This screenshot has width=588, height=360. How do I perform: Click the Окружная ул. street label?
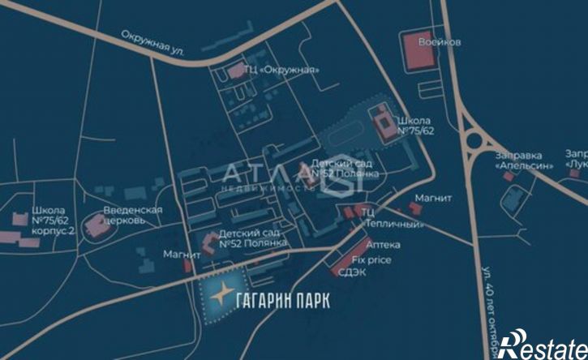tap(152, 44)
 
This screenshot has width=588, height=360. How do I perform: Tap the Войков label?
tap(440, 41)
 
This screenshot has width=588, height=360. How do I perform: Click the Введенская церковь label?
tap(133, 215)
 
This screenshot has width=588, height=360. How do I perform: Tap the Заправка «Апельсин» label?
tap(523, 159)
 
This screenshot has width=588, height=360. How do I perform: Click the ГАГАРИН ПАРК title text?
tap(281, 300)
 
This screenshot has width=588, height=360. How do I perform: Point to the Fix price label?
tap(371, 259)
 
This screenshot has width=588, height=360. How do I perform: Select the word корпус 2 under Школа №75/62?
tap(54, 230)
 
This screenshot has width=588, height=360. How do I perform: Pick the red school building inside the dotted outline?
tap(381, 121)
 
